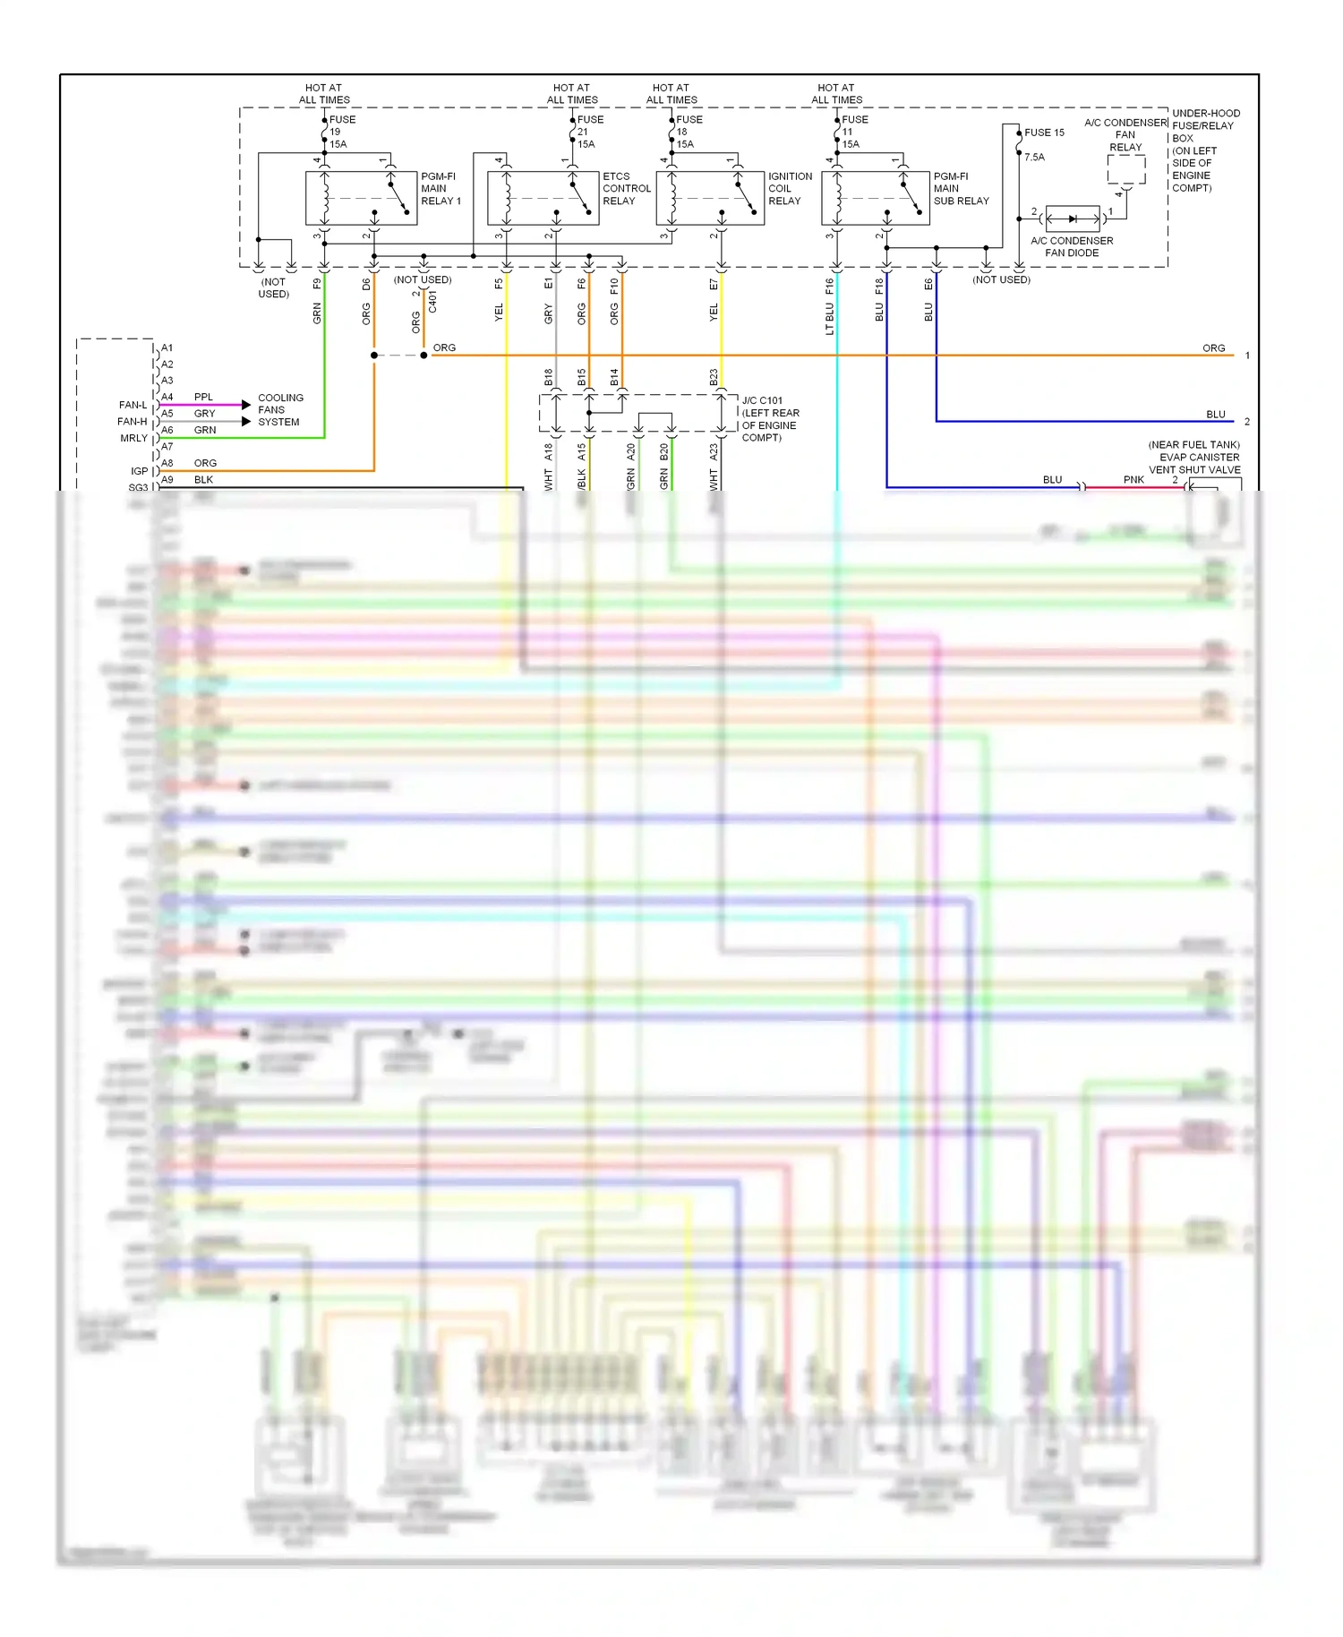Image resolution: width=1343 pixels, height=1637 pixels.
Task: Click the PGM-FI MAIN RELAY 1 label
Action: (x=441, y=189)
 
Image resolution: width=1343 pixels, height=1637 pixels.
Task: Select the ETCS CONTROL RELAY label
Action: (x=626, y=189)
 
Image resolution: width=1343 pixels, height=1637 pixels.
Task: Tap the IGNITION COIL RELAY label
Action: (x=790, y=189)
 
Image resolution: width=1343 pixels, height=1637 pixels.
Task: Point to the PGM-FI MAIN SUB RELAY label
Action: (x=961, y=189)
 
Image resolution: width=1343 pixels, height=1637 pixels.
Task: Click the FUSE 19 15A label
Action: (x=341, y=132)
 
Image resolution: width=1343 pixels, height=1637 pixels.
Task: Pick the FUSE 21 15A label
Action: (x=589, y=132)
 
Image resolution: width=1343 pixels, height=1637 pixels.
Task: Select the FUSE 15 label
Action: (x=1044, y=133)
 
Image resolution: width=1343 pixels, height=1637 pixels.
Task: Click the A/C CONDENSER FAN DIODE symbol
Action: (x=1073, y=219)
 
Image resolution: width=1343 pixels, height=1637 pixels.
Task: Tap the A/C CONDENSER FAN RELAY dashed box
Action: (x=1125, y=169)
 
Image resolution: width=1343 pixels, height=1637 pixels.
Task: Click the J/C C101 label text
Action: (x=762, y=400)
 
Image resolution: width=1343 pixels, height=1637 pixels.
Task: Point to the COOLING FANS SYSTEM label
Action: (x=280, y=410)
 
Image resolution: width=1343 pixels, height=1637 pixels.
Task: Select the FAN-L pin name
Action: (x=133, y=405)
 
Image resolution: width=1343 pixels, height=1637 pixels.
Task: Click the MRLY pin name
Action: (x=133, y=438)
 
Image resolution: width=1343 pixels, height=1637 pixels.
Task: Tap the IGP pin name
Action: (x=139, y=471)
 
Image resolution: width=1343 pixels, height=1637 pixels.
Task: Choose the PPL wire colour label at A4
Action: (x=203, y=397)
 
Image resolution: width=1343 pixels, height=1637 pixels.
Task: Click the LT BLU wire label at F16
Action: (x=830, y=319)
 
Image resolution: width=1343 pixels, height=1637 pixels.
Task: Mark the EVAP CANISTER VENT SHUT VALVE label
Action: (x=1194, y=458)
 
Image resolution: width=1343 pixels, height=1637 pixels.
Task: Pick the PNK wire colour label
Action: (x=1133, y=480)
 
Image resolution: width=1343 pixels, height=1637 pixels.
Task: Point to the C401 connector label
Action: (x=432, y=301)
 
